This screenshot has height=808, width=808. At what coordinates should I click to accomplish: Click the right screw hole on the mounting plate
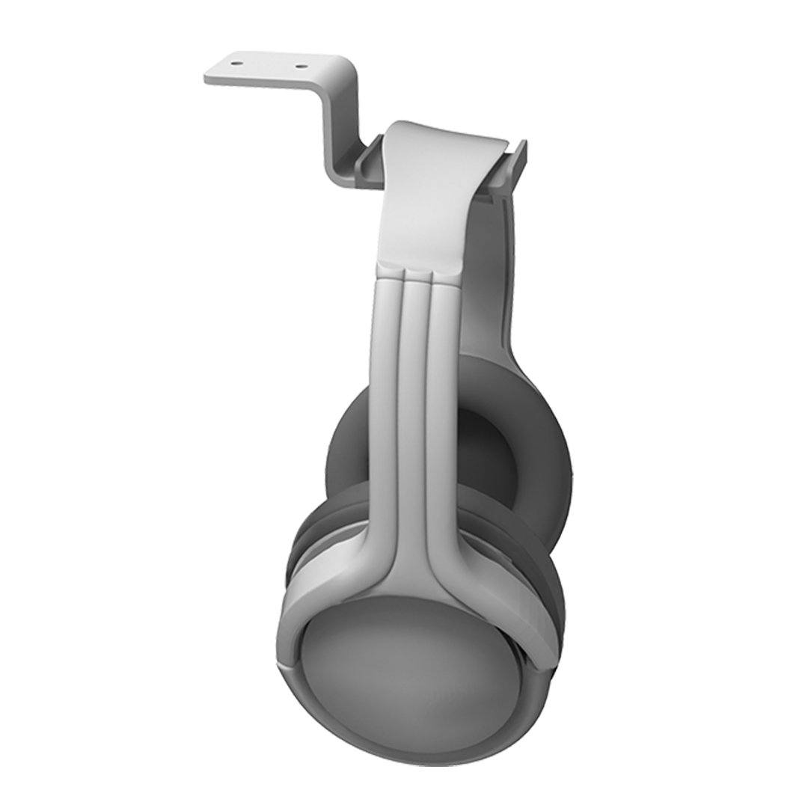pos(301,66)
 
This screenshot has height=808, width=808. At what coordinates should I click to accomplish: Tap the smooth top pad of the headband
pos(426,202)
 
